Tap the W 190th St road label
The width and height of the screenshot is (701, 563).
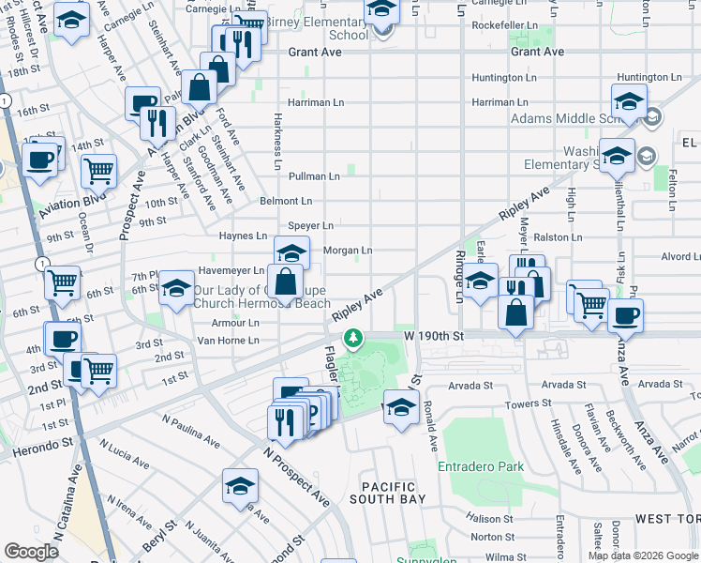point(434,335)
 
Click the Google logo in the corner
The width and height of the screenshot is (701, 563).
point(31,552)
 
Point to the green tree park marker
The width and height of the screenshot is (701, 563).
point(353,338)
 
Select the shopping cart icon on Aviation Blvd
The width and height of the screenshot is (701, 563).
point(98,172)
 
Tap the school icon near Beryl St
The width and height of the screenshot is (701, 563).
point(241,486)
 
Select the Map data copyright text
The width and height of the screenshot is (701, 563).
point(642,555)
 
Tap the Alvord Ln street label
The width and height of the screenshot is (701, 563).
point(680,255)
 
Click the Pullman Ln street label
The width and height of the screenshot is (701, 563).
point(314,176)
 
